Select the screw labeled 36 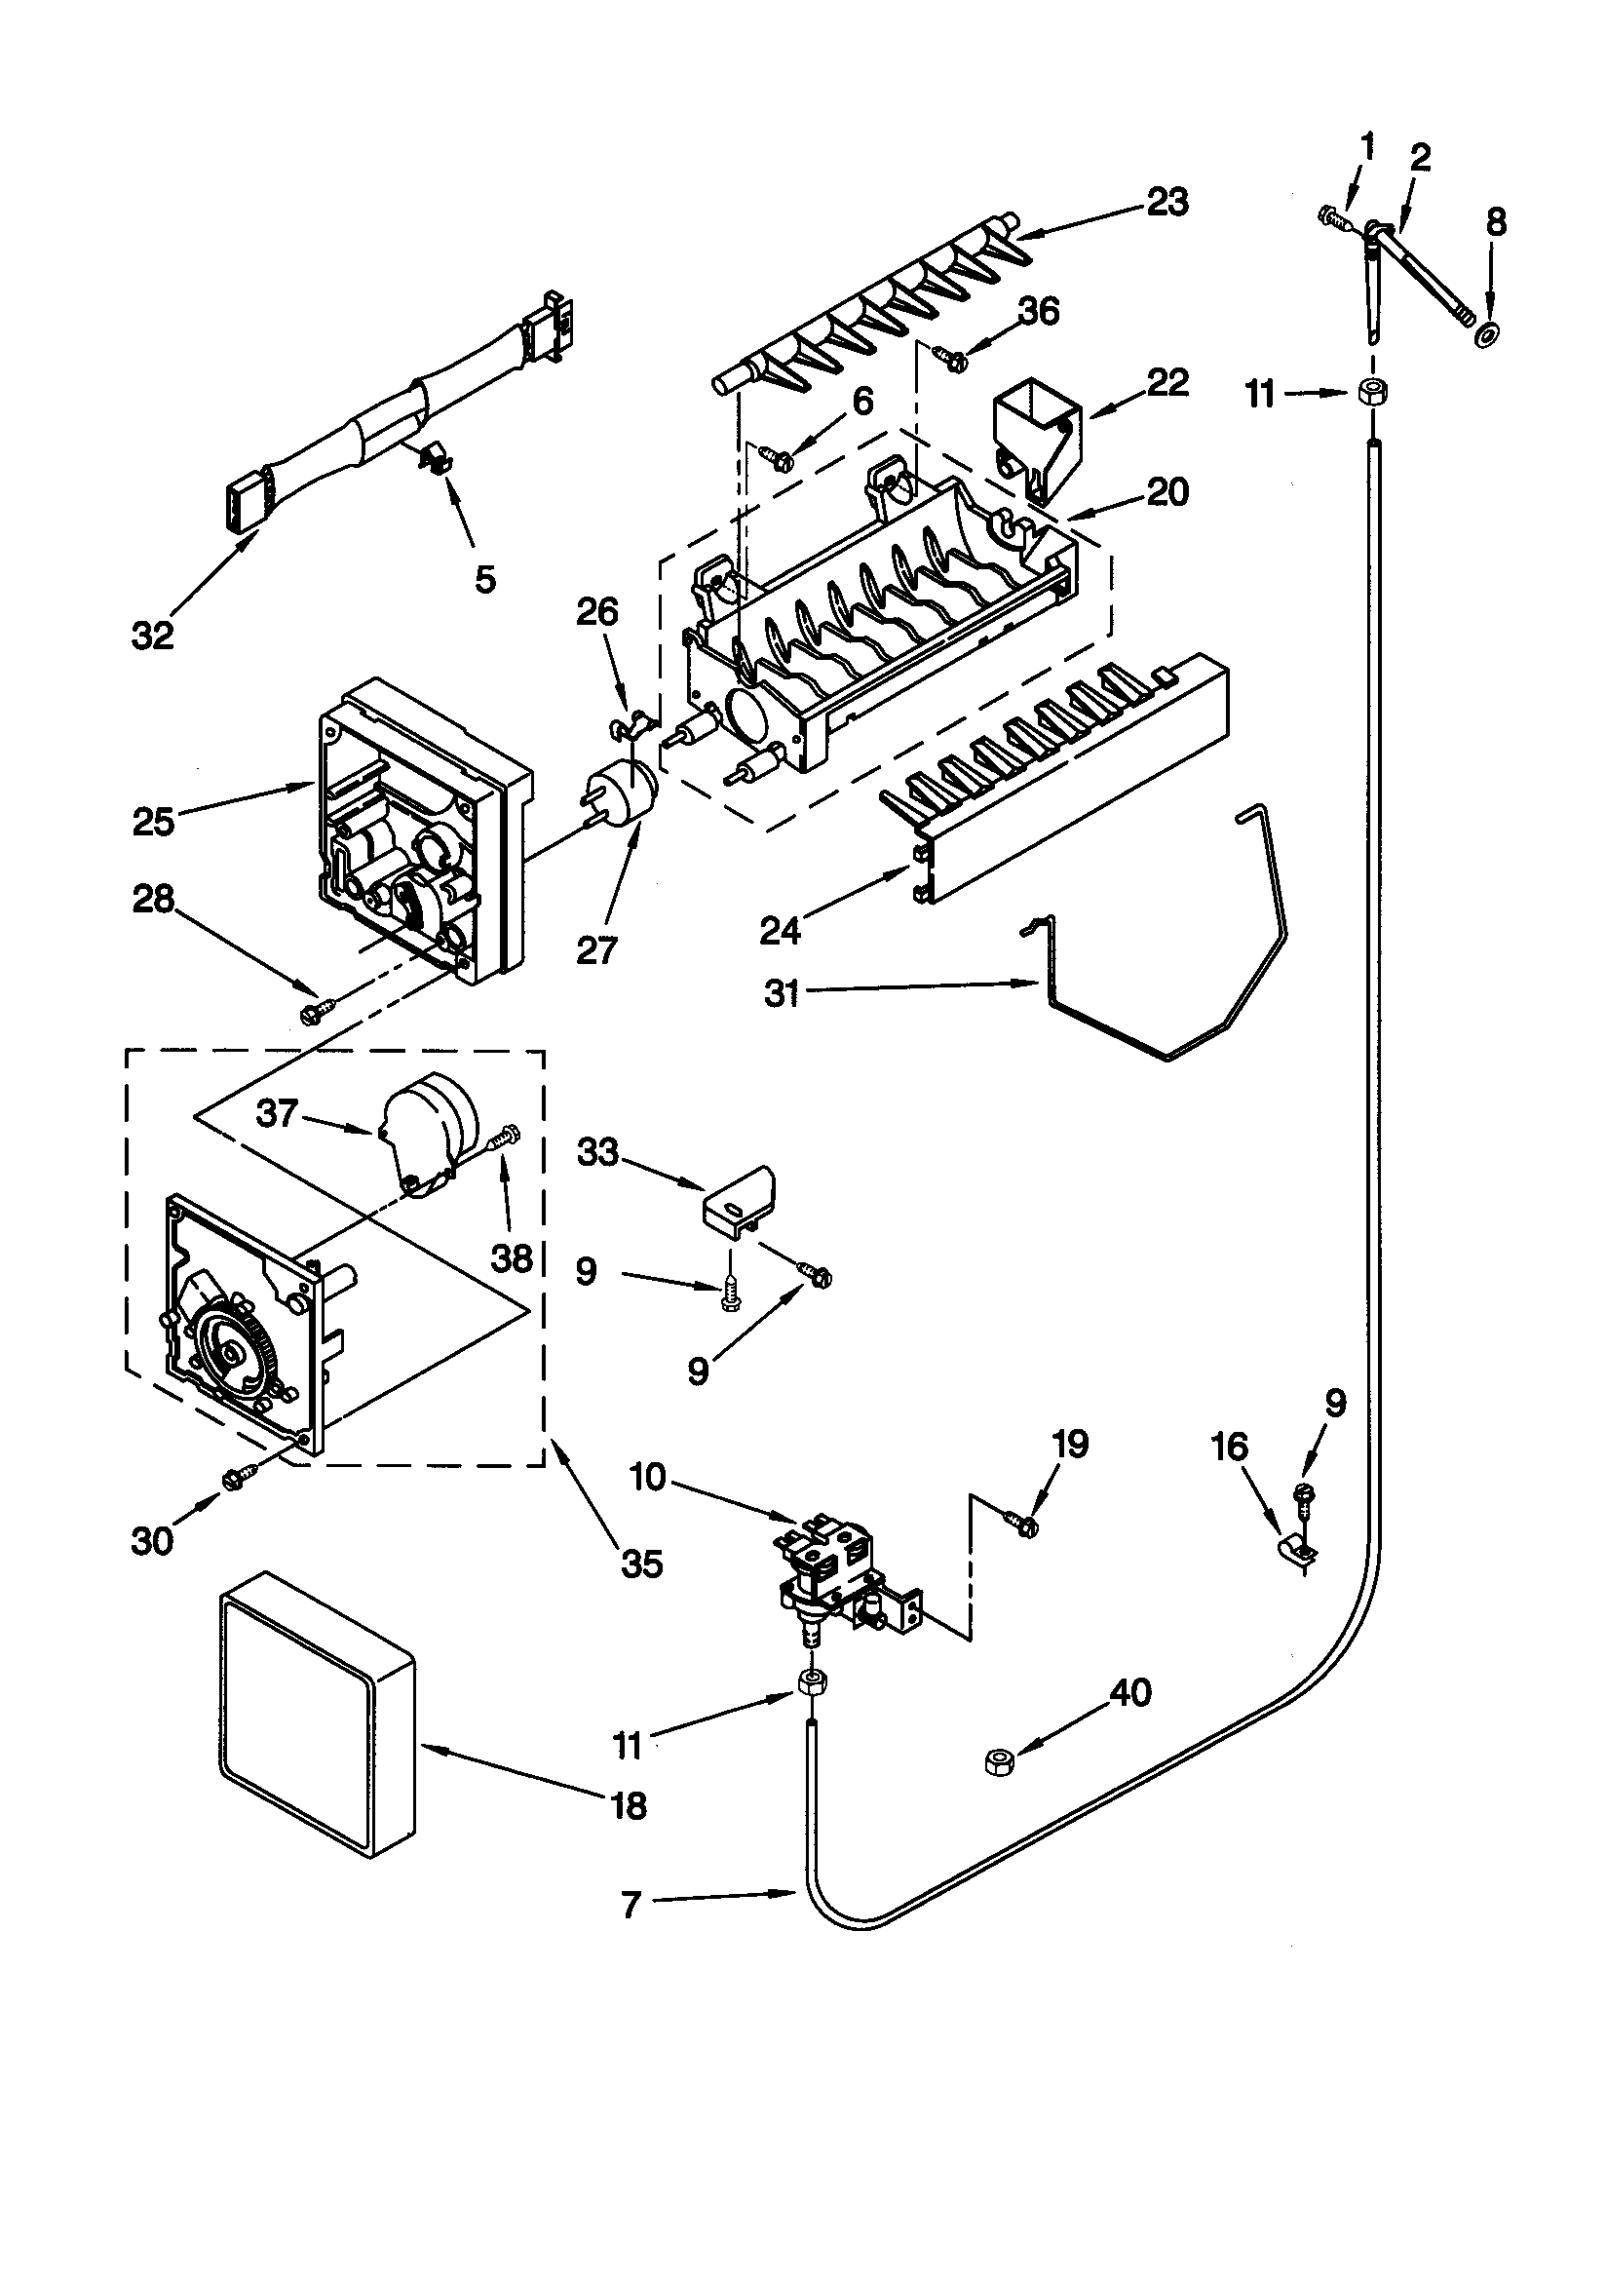(x=954, y=362)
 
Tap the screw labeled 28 (x=316, y=1012)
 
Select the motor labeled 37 (x=429, y=1130)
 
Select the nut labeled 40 (x=999, y=1760)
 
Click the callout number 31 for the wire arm (x=782, y=992)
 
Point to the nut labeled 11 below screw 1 (x=1371, y=392)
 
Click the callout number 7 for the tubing (x=631, y=1905)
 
